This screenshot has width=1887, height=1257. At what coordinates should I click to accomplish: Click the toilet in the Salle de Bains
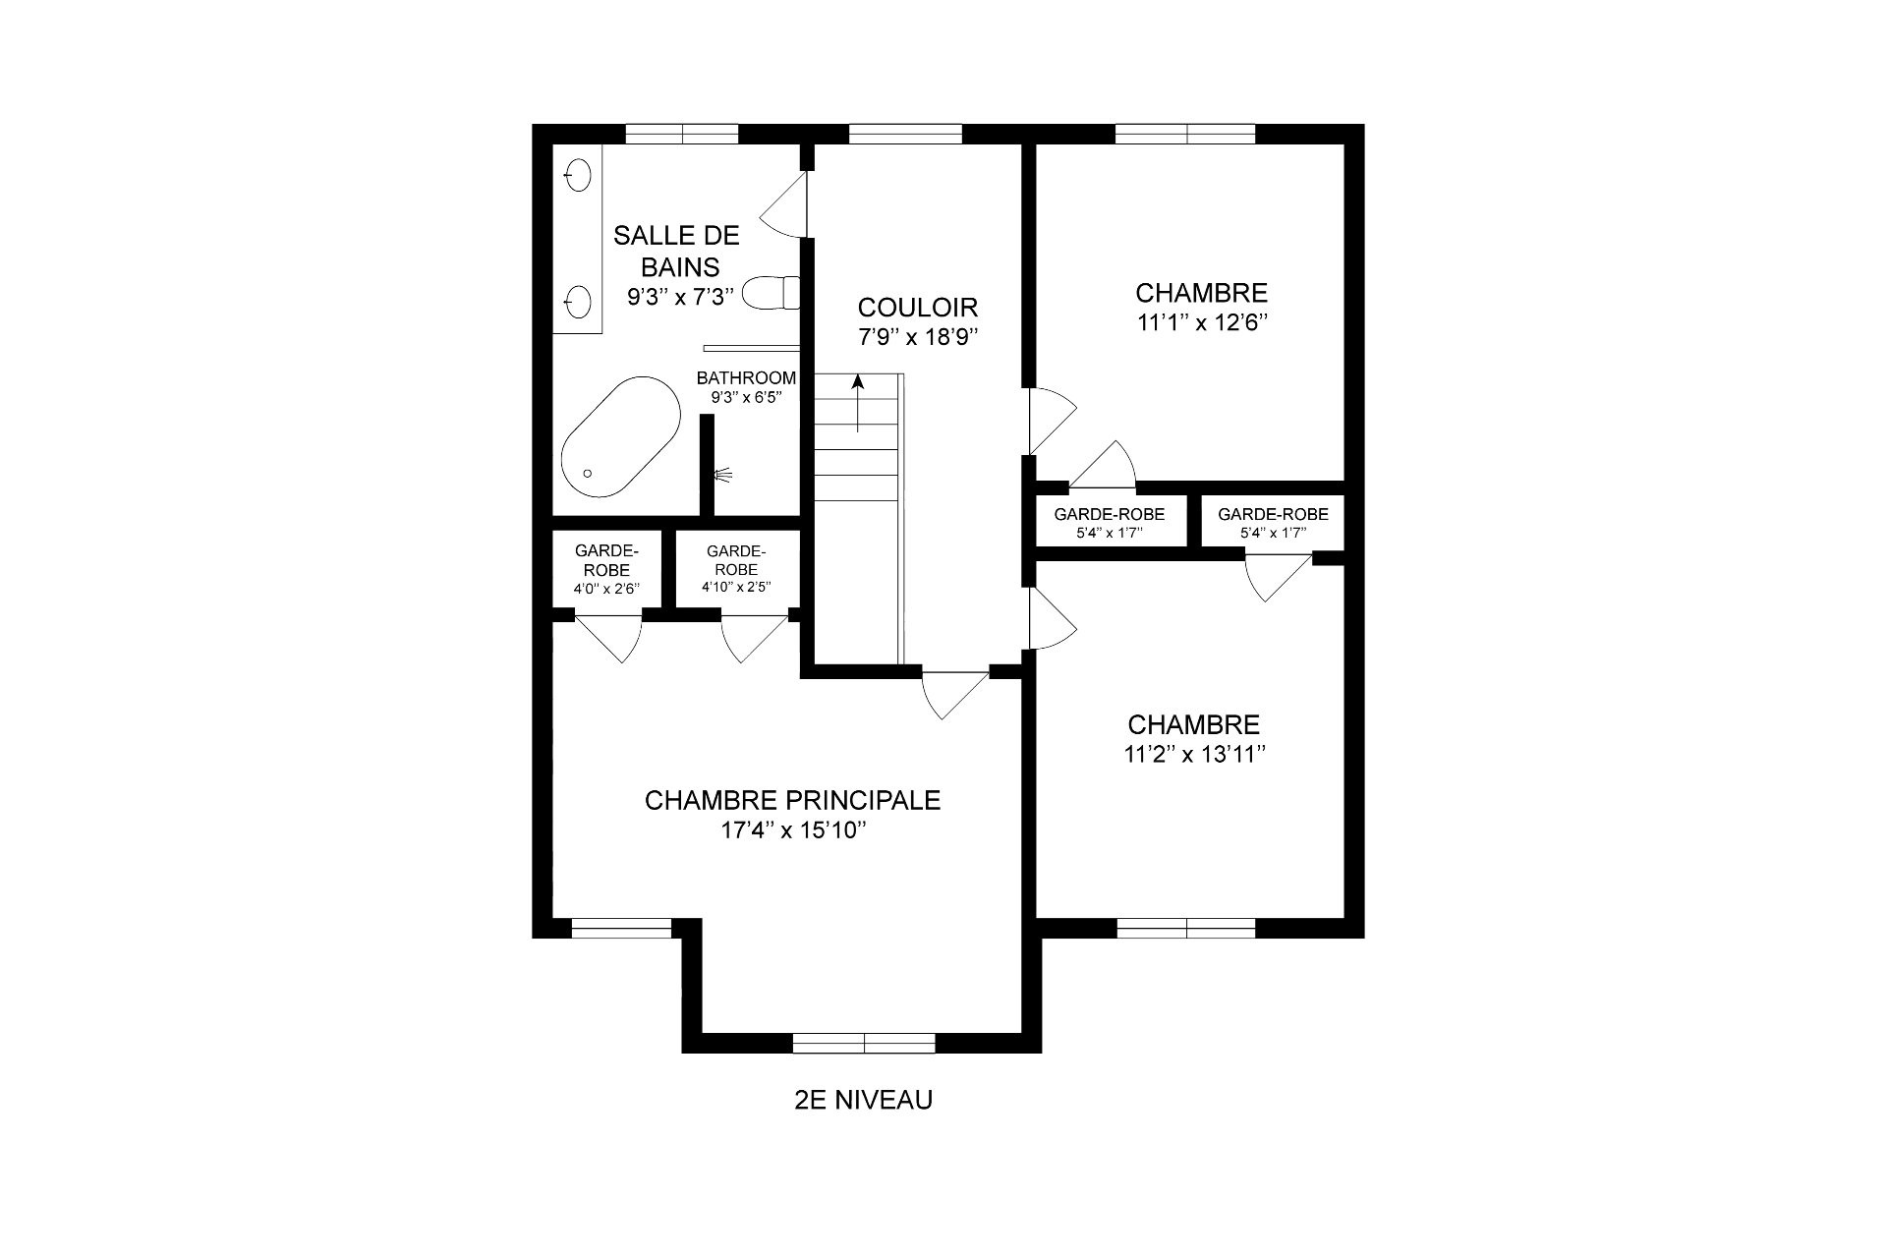(771, 293)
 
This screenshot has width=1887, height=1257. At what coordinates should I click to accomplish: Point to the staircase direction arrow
(858, 403)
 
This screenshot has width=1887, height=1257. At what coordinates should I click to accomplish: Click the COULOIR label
(917, 307)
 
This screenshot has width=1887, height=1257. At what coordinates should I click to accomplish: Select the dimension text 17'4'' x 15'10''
(792, 830)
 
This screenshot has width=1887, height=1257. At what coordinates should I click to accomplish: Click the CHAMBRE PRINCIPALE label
(792, 800)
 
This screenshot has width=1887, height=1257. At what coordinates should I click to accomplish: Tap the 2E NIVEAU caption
(863, 1100)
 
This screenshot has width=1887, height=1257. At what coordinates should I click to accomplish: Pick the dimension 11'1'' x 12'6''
(1201, 323)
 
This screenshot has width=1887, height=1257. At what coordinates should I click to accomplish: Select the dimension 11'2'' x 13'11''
(1193, 755)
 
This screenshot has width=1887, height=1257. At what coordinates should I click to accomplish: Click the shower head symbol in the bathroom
(723, 475)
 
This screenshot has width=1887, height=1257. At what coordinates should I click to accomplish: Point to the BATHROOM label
(746, 378)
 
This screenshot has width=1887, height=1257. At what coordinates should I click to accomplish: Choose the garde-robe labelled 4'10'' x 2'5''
(736, 570)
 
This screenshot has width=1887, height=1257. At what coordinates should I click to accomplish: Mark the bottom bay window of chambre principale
(864, 1043)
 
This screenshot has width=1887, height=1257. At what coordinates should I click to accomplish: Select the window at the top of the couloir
(905, 134)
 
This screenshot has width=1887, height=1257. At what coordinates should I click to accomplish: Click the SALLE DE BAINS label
(676, 251)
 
